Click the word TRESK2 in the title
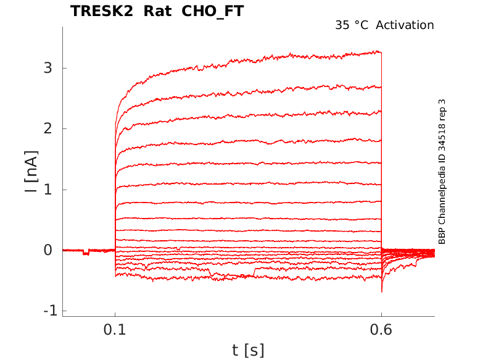click(x=102, y=11)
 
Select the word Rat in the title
click(x=157, y=11)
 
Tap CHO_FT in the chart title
click(x=212, y=12)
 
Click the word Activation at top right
click(x=405, y=25)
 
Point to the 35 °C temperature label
click(x=352, y=25)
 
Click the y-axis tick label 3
click(x=48, y=68)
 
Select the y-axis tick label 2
click(x=48, y=128)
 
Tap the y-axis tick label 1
click(x=48, y=190)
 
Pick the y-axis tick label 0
click(x=48, y=250)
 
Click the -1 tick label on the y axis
click(x=51, y=311)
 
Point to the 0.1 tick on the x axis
click(x=115, y=330)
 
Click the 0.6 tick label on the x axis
click(x=381, y=330)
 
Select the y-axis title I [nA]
click(x=31, y=172)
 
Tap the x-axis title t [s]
click(x=248, y=350)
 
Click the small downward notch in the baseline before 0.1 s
click(x=86, y=253)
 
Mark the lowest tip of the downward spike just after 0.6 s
click(x=382, y=292)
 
